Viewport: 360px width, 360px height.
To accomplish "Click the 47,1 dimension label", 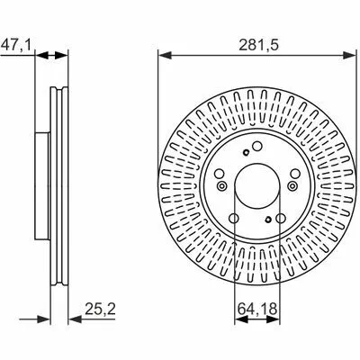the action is (15, 46).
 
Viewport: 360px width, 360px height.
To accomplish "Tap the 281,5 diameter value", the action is (259, 45).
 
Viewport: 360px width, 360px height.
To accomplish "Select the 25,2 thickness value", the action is (100, 309).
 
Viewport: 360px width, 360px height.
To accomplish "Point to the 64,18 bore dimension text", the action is (257, 309).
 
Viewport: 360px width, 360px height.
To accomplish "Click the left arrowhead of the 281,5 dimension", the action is (165, 55).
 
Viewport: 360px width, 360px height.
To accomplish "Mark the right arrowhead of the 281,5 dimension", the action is (350, 55).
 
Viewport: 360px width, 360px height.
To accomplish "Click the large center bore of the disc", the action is (257, 185).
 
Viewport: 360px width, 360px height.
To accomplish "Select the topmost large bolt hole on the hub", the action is (257, 147).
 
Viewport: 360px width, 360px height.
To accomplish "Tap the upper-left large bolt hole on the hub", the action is (220, 174).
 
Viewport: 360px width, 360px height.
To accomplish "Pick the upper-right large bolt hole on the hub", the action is (295, 174).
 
